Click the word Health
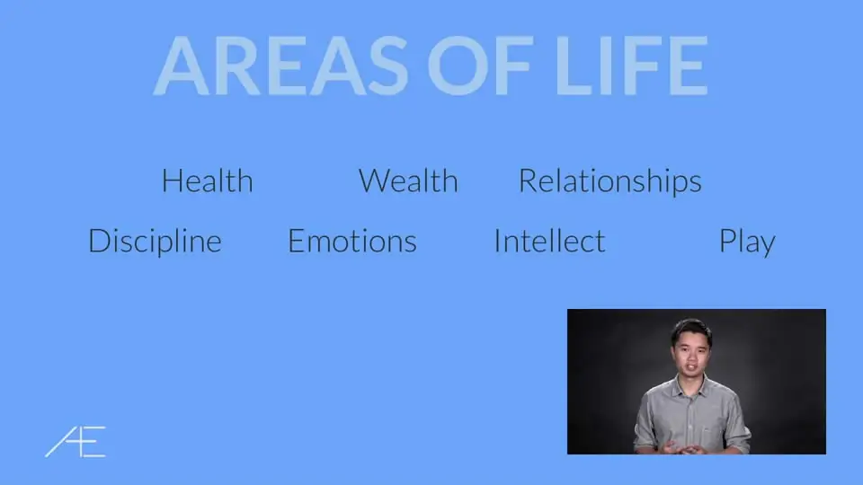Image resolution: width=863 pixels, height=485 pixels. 208,181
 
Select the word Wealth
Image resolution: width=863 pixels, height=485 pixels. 408,181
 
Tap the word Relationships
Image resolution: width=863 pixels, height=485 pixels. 610,181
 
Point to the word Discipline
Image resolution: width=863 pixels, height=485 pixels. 155,242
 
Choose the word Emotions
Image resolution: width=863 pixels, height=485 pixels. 352,241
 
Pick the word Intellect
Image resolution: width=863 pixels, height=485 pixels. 550,241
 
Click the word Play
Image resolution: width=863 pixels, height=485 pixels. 747,242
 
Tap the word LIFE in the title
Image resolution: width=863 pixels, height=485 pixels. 631,66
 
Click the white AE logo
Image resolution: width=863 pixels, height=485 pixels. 76,442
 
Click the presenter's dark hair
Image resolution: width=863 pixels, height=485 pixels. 691,330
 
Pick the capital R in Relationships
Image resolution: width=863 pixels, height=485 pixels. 529,181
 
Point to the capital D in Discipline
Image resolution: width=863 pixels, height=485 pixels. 99,242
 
